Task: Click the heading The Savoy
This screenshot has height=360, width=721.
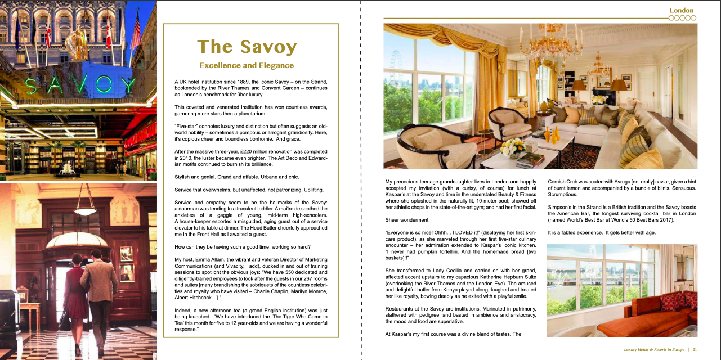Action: [x=247, y=47]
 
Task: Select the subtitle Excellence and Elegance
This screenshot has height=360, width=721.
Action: [x=247, y=66]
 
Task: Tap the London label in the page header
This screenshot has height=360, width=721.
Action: [x=681, y=10]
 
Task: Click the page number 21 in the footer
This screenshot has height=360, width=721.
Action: [x=695, y=349]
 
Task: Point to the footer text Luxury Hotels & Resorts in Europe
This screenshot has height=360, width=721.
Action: [x=654, y=349]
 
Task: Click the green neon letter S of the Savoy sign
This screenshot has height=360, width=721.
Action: [x=32, y=85]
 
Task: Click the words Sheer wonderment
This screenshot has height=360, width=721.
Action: [x=407, y=219]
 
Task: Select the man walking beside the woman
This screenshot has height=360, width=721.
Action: [x=100, y=298]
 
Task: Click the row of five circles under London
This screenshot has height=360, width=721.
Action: [x=682, y=18]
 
